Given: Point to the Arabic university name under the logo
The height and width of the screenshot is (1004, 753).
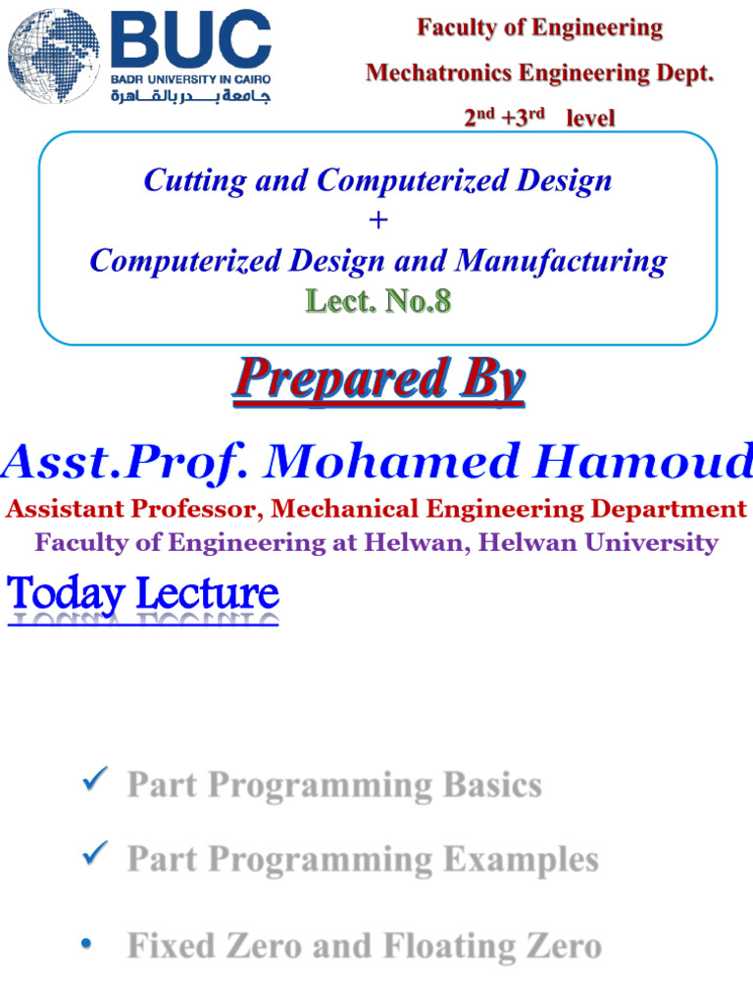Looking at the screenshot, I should [x=190, y=95].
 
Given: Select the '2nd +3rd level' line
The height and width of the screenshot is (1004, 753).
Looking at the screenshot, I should [x=539, y=118].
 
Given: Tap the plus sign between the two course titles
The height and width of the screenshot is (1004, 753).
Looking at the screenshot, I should [x=377, y=221].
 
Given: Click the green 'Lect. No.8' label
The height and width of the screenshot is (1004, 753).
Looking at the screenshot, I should [x=377, y=301].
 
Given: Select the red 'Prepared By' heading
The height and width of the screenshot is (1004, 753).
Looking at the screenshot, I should [x=377, y=380].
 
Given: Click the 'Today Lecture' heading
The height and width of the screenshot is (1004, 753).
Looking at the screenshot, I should [x=143, y=593].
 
